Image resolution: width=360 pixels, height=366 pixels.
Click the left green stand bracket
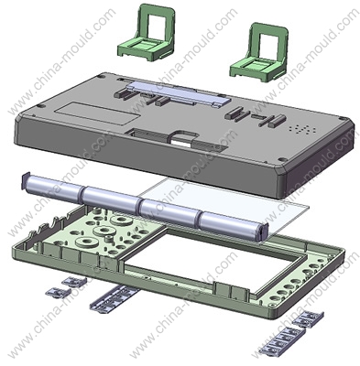pos(146,46)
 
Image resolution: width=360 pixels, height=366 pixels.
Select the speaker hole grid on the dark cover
pos(303,129)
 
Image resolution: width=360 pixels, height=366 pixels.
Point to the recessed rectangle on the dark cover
pos(98,113)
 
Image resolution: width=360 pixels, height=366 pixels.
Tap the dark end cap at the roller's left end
pos(25,180)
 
